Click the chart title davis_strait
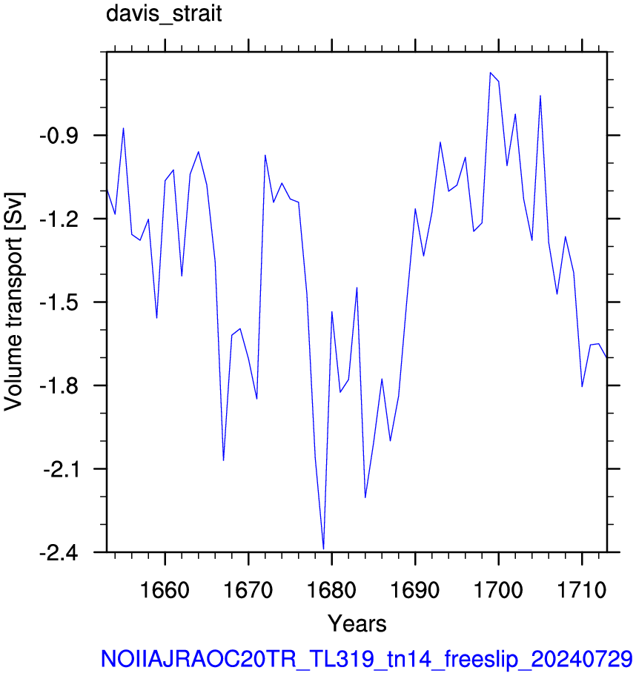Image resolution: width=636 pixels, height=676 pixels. click(x=164, y=13)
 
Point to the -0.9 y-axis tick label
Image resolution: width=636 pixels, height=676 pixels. click(x=59, y=136)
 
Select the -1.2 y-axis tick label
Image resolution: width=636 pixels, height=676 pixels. click(x=59, y=219)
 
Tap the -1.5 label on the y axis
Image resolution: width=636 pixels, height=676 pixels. click(x=59, y=302)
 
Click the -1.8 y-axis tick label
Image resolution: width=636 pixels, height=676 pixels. click(x=59, y=385)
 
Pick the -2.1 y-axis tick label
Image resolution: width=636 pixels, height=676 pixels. click(x=60, y=469)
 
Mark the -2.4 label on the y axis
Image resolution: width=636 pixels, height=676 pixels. click(x=59, y=552)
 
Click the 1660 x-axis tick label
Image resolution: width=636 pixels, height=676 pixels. click(x=165, y=590)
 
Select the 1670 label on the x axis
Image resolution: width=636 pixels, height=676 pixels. click(x=248, y=590)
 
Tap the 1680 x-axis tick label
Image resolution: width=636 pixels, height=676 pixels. click(x=331, y=590)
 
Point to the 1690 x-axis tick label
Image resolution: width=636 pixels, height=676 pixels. click(x=415, y=590)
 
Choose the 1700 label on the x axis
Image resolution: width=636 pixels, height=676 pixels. click(x=498, y=590)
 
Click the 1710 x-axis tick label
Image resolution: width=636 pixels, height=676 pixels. click(x=582, y=590)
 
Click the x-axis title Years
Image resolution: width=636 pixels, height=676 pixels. click(x=357, y=623)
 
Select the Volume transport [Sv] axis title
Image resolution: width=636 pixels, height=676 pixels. click(x=14, y=302)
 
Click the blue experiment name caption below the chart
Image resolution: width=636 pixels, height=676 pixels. click(x=366, y=659)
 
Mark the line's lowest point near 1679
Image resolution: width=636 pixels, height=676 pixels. click(x=323, y=549)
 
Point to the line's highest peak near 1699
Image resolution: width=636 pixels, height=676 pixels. click(x=490, y=73)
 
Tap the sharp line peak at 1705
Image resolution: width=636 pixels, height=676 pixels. click(x=540, y=96)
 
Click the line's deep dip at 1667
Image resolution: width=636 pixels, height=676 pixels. click(x=223, y=460)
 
